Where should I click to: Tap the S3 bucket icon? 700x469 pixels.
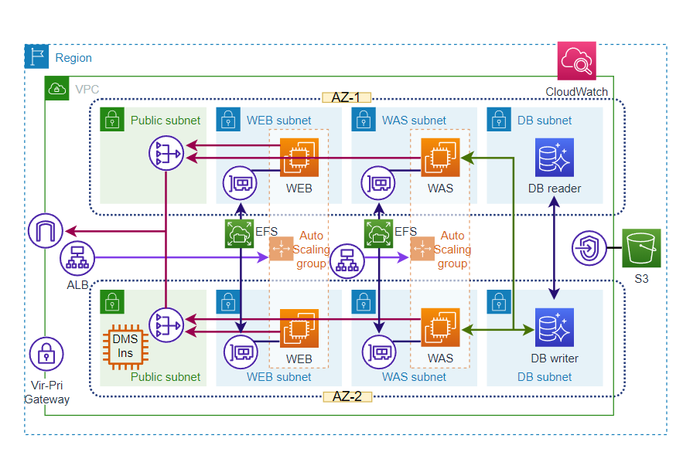coord(641,248)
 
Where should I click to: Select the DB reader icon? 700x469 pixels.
coord(555,158)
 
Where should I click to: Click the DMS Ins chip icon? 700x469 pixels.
coord(125,345)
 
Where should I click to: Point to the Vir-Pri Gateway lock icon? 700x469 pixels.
coord(46,354)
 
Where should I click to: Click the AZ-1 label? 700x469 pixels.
coord(347,98)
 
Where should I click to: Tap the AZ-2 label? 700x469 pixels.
coord(347,396)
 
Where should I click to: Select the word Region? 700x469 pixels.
coord(73,58)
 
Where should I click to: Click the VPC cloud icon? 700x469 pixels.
coord(56,89)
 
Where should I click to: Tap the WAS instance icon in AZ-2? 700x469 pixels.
coord(440,327)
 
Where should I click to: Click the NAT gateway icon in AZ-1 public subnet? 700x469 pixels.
coord(166,152)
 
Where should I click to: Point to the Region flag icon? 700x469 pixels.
coord(36,57)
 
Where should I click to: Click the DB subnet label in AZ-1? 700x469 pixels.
coord(545,121)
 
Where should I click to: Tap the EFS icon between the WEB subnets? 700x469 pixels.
coord(238,233)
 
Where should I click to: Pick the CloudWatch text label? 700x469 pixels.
coord(577,92)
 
